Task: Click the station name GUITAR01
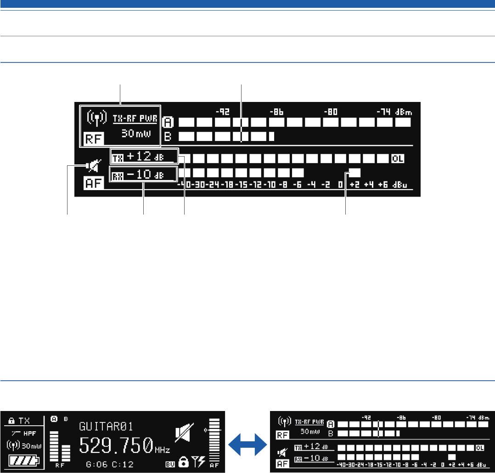tap(107, 426)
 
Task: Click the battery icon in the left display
tap(23, 459)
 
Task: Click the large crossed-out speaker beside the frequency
tap(184, 434)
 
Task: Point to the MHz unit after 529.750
tap(161, 449)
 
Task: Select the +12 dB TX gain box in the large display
tap(144, 157)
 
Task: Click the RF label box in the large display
tap(94, 139)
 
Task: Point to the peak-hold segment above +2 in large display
tap(354, 173)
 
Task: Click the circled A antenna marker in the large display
tap(168, 123)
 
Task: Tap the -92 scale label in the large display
tap(223, 111)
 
